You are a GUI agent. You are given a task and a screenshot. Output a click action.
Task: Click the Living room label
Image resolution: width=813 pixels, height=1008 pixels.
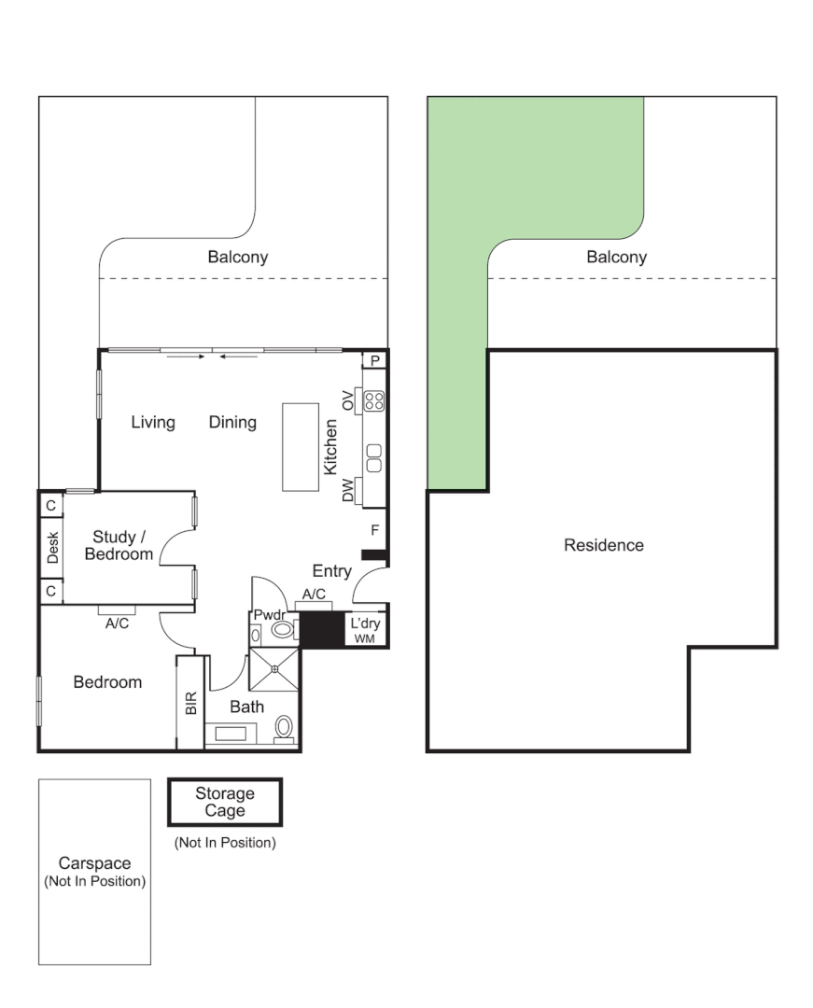tap(152, 423)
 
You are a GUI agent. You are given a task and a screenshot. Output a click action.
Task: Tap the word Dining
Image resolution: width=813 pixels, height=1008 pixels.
tap(232, 423)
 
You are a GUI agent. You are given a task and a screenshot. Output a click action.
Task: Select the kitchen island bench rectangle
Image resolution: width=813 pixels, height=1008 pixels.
tap(301, 446)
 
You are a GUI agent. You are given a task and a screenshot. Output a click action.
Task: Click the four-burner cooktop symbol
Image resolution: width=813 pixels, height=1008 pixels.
tap(374, 401)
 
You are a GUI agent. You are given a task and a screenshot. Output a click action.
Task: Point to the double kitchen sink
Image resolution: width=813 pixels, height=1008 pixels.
tap(374, 457)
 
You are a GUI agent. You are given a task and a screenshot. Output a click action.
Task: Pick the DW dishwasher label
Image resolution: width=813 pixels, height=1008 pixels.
tap(348, 491)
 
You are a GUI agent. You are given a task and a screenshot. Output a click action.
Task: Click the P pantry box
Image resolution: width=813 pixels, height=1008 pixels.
tap(375, 360)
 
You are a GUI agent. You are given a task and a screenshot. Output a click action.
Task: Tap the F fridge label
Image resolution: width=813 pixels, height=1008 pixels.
tap(374, 530)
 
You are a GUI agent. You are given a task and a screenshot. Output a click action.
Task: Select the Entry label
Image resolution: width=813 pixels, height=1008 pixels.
tap(331, 571)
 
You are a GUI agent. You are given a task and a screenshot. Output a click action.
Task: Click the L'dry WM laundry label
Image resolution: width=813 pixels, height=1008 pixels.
tap(363, 630)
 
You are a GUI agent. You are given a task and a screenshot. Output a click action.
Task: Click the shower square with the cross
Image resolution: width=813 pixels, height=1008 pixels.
tap(275, 666)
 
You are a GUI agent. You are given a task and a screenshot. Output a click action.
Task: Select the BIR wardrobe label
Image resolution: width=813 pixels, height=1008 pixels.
tap(190, 703)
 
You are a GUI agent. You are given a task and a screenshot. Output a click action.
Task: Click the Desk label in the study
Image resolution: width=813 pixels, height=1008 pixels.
tap(52, 548)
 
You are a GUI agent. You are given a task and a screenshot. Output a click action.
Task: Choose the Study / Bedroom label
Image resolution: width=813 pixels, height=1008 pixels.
tap(119, 545)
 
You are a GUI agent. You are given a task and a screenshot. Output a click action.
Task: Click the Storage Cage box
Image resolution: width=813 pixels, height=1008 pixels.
tap(224, 802)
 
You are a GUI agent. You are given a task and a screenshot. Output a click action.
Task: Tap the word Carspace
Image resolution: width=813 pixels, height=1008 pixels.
tap(94, 863)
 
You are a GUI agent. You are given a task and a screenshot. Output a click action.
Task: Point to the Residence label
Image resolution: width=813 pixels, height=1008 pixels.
tap(603, 545)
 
